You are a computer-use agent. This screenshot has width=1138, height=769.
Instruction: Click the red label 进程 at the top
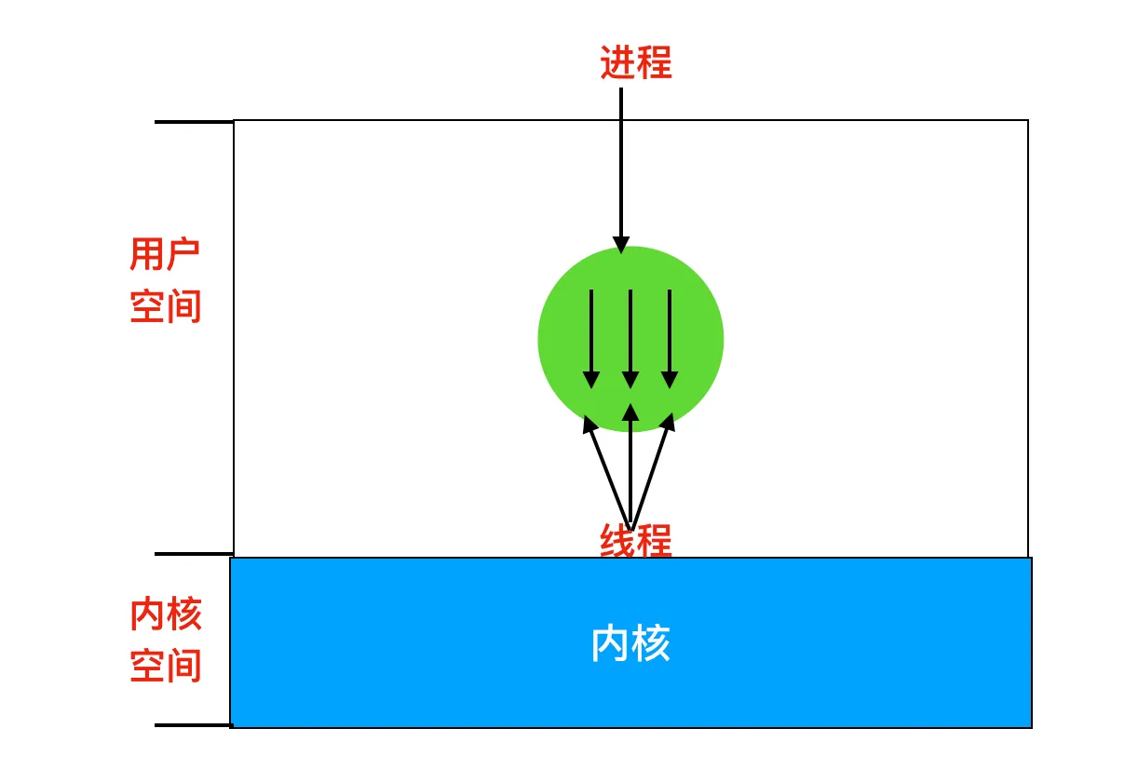point(635,63)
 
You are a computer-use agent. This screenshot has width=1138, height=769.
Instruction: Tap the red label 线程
point(635,541)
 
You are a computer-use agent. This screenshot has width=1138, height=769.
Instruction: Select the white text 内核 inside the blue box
point(630,643)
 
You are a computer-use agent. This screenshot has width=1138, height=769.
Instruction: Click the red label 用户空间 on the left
point(166,279)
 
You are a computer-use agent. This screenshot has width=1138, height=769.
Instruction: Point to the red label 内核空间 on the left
point(166,641)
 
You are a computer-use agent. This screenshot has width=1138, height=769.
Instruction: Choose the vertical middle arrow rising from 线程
point(630,465)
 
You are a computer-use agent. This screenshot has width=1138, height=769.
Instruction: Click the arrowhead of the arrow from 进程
point(621,245)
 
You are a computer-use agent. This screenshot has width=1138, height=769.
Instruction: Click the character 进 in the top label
point(617,63)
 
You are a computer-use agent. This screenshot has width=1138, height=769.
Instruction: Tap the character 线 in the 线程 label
point(617,541)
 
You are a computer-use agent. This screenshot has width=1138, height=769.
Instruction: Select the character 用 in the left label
point(148,253)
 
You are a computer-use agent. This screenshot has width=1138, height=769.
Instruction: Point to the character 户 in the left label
point(183,253)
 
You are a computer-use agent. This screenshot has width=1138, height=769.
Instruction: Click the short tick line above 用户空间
point(194,122)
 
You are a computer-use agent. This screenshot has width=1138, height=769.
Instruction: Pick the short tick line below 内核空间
point(193,724)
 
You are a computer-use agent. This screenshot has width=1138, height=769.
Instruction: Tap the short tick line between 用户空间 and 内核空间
point(194,554)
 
